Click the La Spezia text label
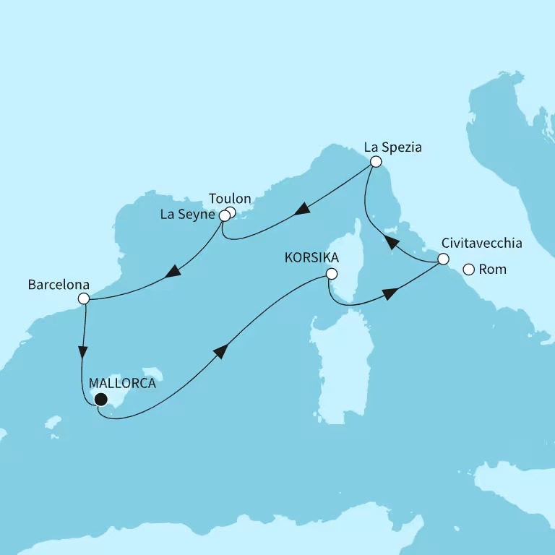(392, 147)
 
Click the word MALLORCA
(123, 384)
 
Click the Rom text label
(493, 270)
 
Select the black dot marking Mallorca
(100, 400)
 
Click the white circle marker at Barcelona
(84, 298)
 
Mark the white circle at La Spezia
(375, 163)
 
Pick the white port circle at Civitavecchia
(443, 259)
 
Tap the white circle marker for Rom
(468, 270)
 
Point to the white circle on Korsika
(331, 274)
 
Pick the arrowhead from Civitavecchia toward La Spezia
(390, 243)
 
